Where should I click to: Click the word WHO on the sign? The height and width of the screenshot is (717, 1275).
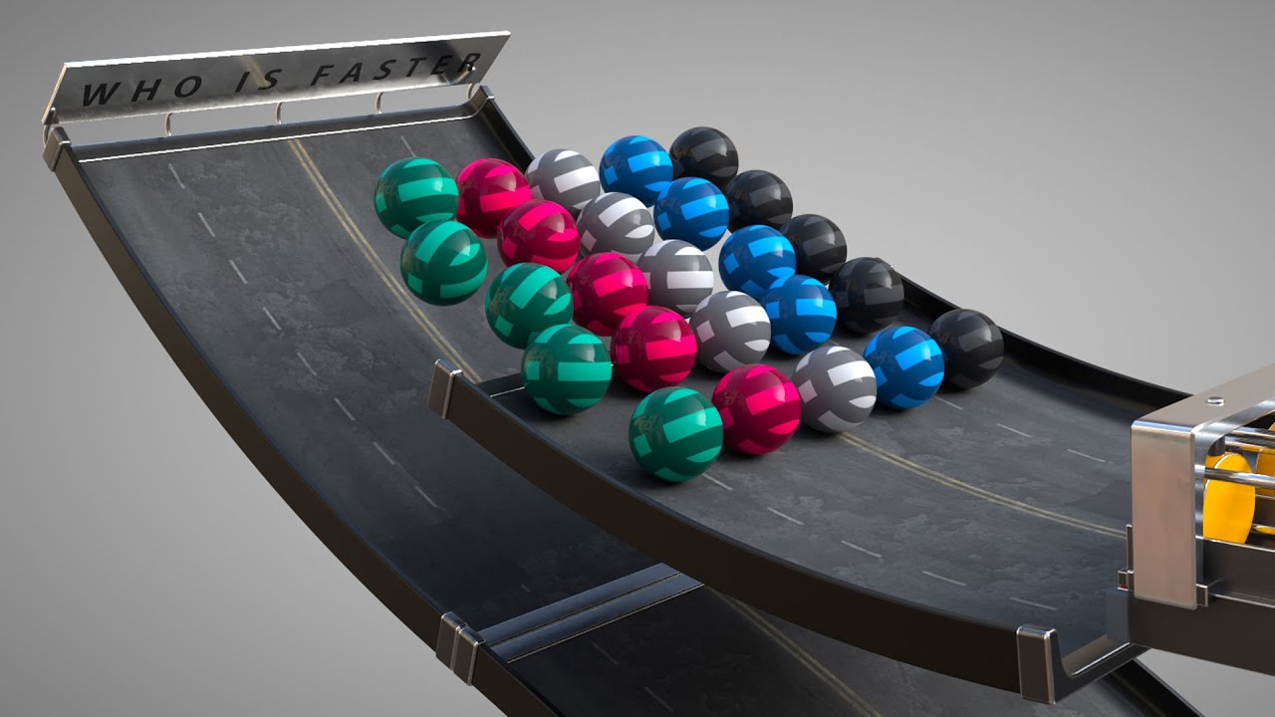pyautogui.click(x=141, y=91)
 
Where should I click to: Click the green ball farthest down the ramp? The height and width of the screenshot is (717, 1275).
pyautogui.click(x=675, y=434)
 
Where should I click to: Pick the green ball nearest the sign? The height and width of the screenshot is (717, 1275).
pyautogui.click(x=416, y=197)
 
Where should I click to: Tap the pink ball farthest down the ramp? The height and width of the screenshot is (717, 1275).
pyautogui.click(x=756, y=409)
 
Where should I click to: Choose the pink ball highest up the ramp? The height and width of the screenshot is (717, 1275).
pyautogui.click(x=493, y=196)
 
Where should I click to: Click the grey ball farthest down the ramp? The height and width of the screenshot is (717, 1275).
pyautogui.click(x=834, y=388)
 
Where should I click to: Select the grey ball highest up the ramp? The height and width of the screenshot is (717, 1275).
pyautogui.click(x=563, y=180)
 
